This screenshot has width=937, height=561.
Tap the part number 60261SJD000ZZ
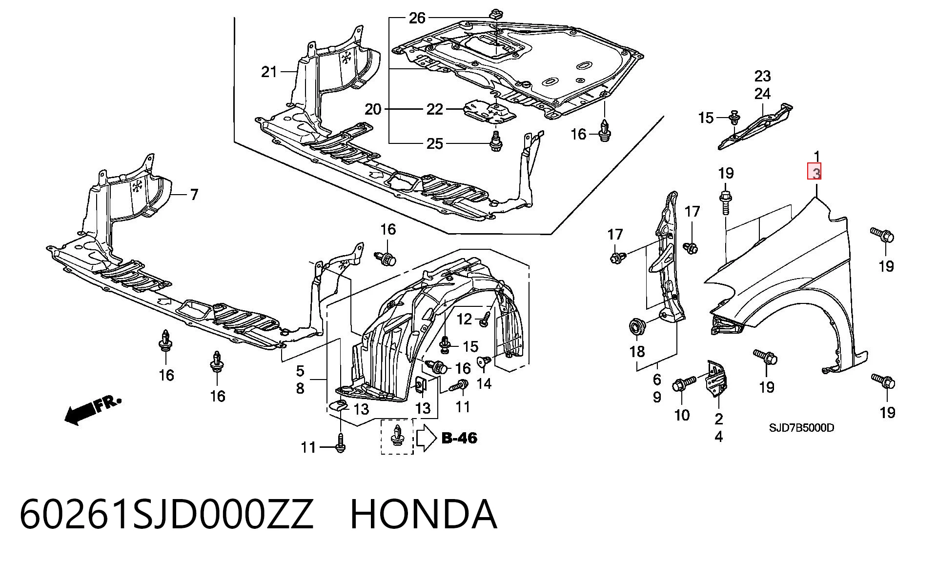point(166,514)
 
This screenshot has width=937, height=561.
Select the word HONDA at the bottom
point(424,514)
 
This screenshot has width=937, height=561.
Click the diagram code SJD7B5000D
point(802,428)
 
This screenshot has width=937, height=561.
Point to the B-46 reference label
point(459,438)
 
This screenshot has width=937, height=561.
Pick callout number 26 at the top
point(417,19)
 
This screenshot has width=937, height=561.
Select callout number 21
point(269,72)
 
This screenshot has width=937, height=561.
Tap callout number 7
point(194,195)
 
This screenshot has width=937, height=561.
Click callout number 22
point(435,109)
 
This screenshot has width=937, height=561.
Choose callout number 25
point(435,143)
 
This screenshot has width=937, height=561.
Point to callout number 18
point(637,351)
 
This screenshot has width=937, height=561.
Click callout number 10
point(682,415)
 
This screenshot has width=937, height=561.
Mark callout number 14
point(484,383)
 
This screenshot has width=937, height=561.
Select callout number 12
point(464,319)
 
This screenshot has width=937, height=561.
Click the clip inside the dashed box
point(397,436)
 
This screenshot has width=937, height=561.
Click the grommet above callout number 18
point(636,326)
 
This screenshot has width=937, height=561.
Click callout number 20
point(373,109)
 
